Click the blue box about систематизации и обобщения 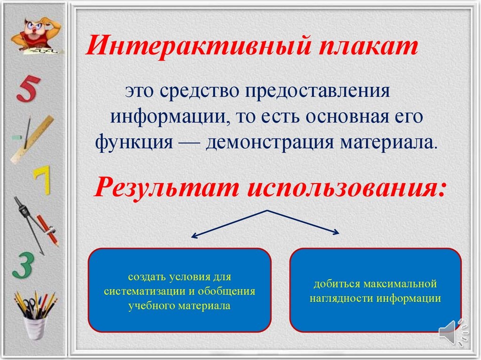[x=179, y=290]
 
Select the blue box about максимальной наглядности [x=375, y=290]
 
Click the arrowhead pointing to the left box [x=194, y=236]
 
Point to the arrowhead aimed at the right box [x=336, y=232]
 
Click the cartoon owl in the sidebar [x=37, y=35]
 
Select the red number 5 [x=28, y=88]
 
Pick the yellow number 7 [x=42, y=180]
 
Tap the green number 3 [x=23, y=266]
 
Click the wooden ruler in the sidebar [x=32, y=139]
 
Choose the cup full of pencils [x=35, y=316]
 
